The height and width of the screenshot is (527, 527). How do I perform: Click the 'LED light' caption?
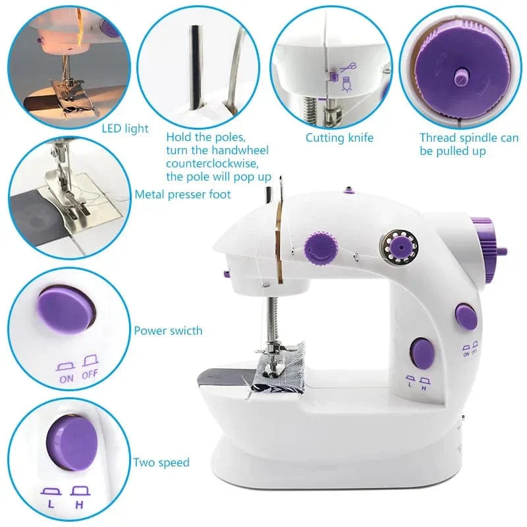(125, 129)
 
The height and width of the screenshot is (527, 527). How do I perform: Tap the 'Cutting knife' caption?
(339, 138)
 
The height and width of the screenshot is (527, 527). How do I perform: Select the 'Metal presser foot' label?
(183, 194)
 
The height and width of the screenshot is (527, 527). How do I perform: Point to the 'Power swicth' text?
(169, 331)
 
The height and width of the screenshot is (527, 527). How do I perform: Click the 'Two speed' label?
(161, 462)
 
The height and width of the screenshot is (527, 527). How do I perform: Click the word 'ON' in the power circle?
(67, 378)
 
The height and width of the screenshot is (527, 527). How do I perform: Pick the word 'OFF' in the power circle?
(90, 378)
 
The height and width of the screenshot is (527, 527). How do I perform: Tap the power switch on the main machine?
(466, 317)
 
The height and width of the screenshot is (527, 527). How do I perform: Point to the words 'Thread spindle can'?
(469, 138)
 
